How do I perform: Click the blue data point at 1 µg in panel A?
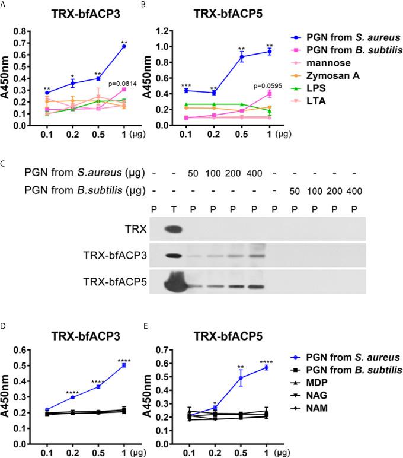point(124,46)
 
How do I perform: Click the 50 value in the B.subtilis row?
point(293,190)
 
